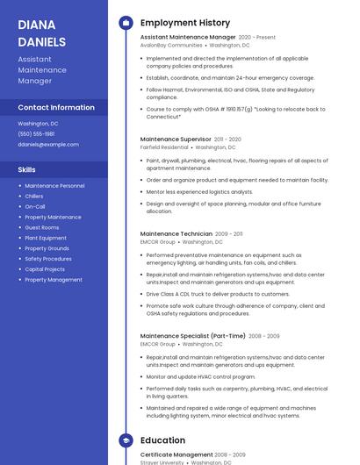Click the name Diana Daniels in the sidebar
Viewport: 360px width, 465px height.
(41, 32)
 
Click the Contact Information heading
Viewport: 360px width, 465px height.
(56, 107)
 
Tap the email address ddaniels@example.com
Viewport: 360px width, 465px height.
(48, 144)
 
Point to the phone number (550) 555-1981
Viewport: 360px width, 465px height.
(36, 133)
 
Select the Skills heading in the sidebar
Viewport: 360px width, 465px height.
(27, 169)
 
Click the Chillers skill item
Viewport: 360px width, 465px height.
(34, 196)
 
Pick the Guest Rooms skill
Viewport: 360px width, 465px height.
(42, 227)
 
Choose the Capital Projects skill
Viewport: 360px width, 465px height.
(45, 269)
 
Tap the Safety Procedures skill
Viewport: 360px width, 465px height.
(48, 259)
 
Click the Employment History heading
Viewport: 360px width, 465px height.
(185, 23)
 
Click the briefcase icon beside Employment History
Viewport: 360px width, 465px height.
(126, 23)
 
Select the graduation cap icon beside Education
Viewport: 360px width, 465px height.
(126, 440)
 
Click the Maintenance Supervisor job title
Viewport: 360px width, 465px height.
(176, 139)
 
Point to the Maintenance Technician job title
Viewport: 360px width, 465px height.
(176, 233)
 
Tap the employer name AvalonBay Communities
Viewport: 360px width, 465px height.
(171, 45)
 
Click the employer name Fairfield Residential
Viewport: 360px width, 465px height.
(164, 147)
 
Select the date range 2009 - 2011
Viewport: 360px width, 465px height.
(229, 233)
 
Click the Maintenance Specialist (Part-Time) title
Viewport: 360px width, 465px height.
(193, 335)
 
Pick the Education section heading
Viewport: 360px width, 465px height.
(162, 440)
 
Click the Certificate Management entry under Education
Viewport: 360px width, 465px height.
(176, 454)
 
